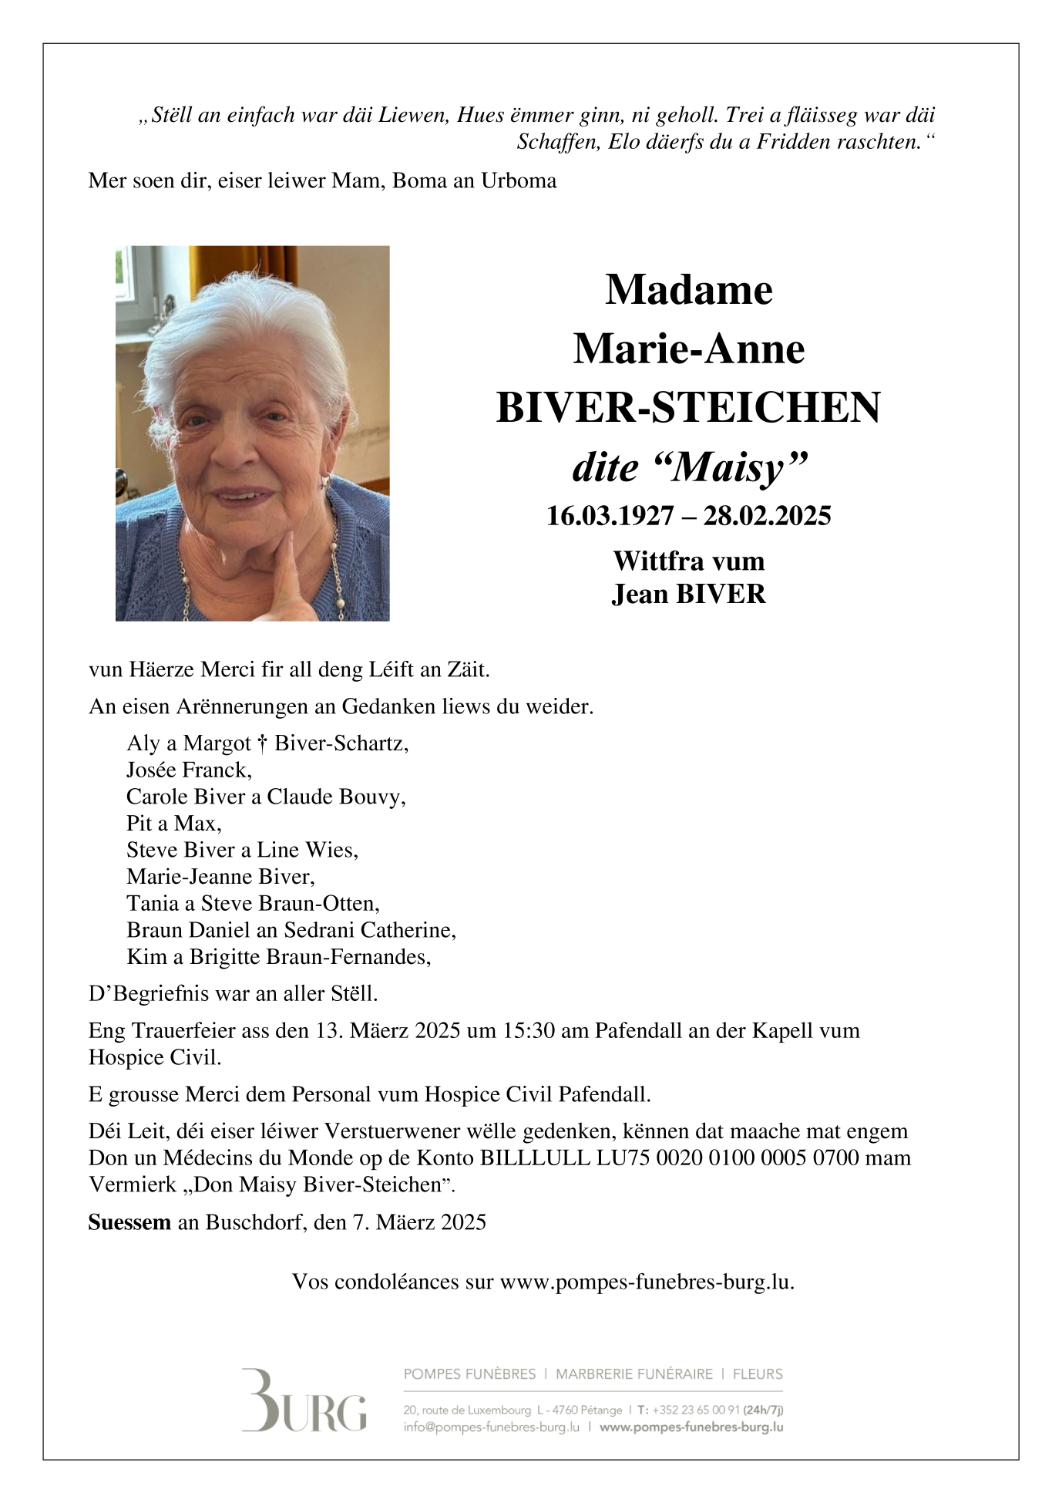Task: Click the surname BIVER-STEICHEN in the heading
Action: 687,408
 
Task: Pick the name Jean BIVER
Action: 688,594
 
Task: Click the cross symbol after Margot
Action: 263,743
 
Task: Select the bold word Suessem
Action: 129,1222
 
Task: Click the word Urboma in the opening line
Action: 519,180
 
